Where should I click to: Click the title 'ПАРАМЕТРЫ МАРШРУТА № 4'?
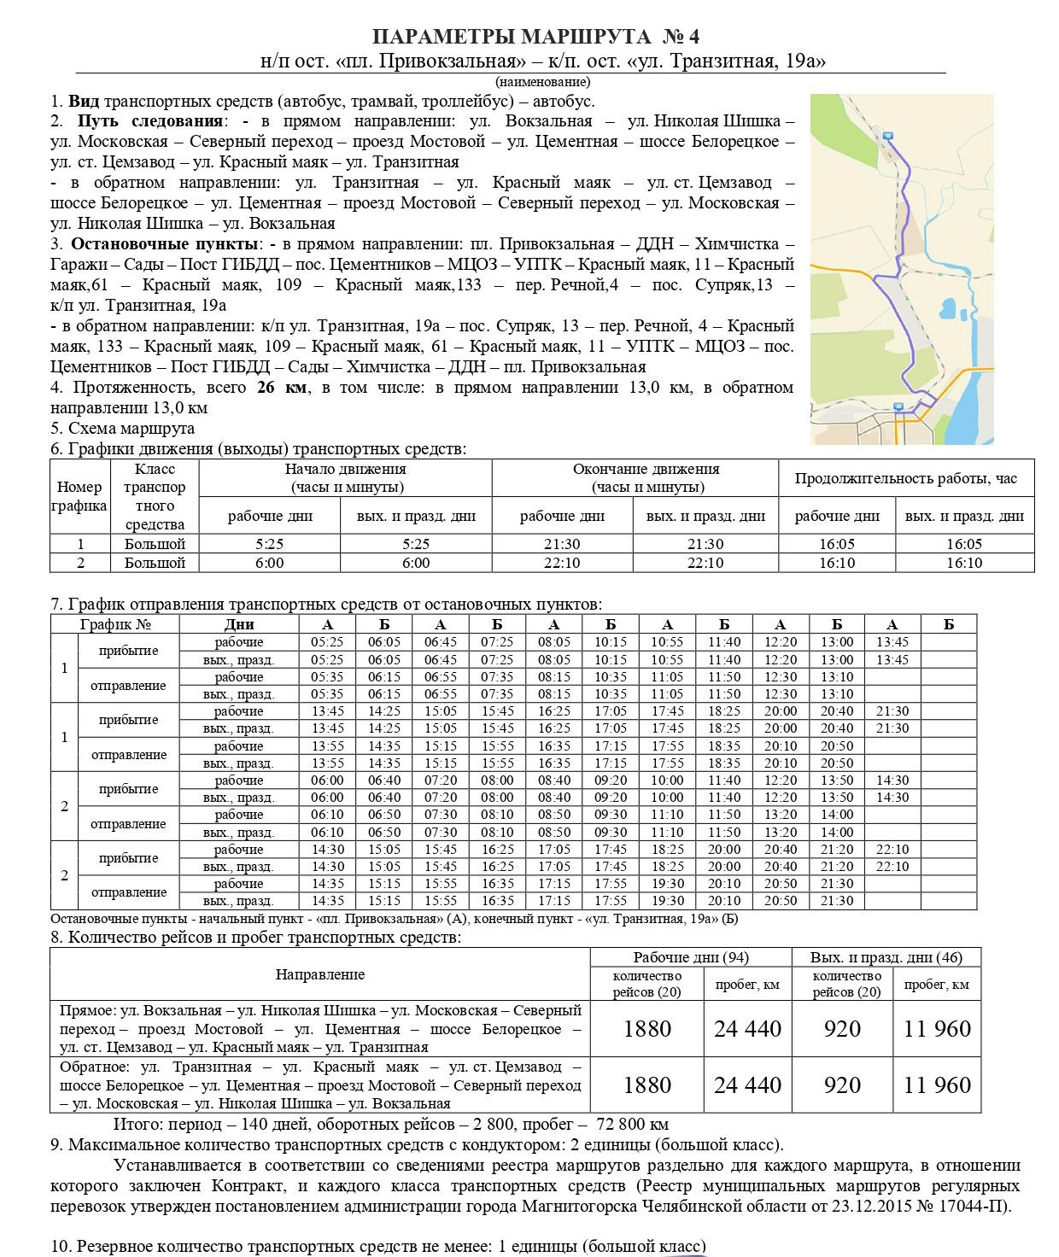tap(536, 37)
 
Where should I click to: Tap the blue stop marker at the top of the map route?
tap(888, 136)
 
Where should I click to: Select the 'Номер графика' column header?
tap(79, 496)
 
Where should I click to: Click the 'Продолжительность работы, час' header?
tap(905, 478)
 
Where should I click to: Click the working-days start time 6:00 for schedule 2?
tap(269, 563)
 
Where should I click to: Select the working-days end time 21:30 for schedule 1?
tap(561, 544)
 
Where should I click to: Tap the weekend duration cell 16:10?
tap(963, 563)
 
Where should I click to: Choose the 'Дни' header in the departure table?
tap(239, 624)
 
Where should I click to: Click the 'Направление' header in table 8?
tap(319, 974)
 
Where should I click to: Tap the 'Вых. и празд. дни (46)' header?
tap(886, 957)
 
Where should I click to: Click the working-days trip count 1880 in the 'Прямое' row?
tap(647, 1029)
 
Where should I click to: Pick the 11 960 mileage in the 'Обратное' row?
tap(936, 1085)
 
